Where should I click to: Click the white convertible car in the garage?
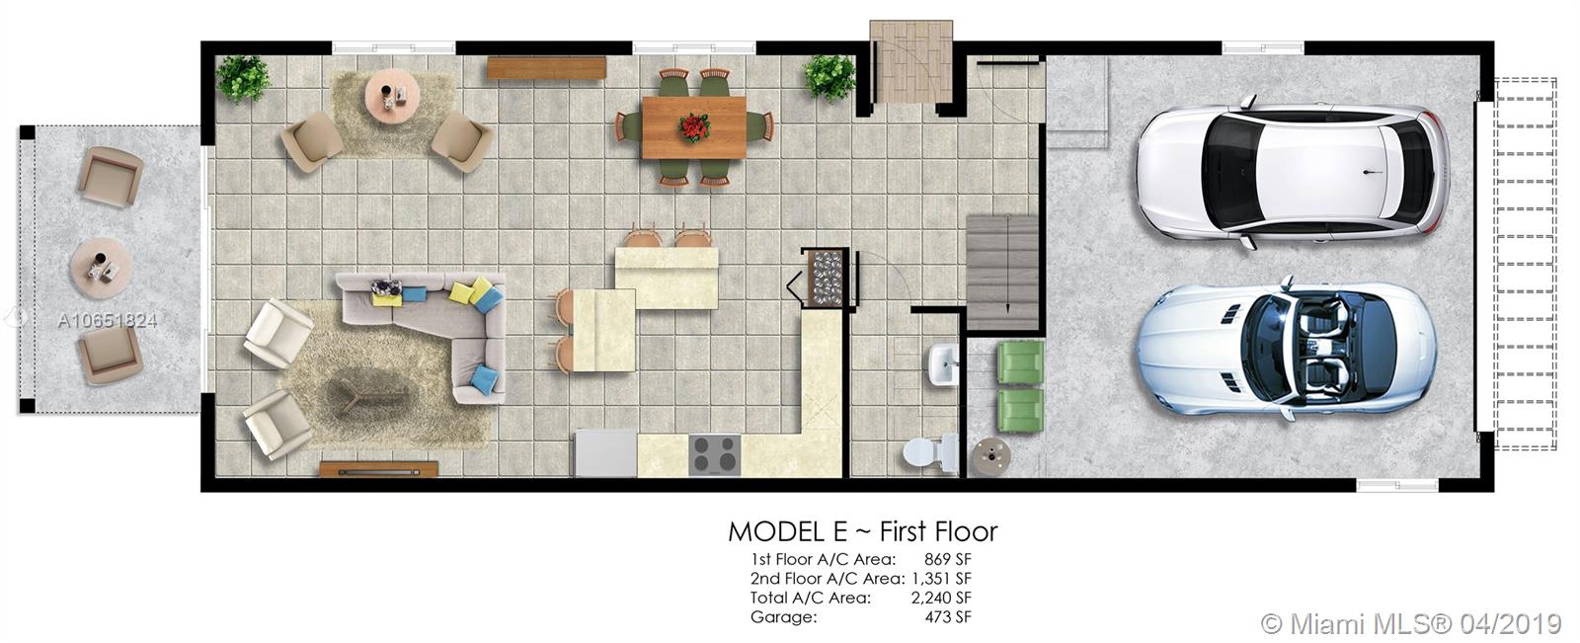pos(1288,349)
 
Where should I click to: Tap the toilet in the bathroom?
pos(930,451)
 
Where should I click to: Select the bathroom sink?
pos(943,364)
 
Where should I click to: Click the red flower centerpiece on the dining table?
pos(694,127)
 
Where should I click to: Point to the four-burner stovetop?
pos(715,454)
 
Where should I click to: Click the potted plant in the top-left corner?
pos(243,78)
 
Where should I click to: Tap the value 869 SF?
pos(947,559)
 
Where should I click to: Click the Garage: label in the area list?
pos(784,617)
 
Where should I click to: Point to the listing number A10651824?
pos(108,321)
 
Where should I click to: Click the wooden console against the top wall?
pos(547,68)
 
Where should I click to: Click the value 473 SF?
pos(948,617)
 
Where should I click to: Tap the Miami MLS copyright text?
pos(1411,624)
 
